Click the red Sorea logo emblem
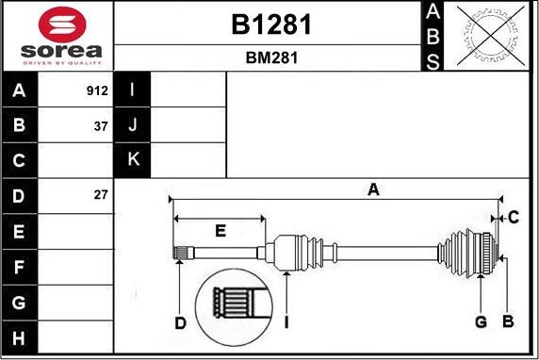click(x=62, y=25)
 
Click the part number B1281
click(x=271, y=25)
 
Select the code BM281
click(x=271, y=57)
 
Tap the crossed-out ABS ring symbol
click(x=491, y=36)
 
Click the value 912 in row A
click(x=97, y=90)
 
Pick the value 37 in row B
click(x=101, y=126)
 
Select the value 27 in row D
click(x=101, y=195)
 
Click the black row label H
click(x=19, y=338)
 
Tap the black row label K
click(x=132, y=160)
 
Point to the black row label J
click(x=132, y=124)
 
